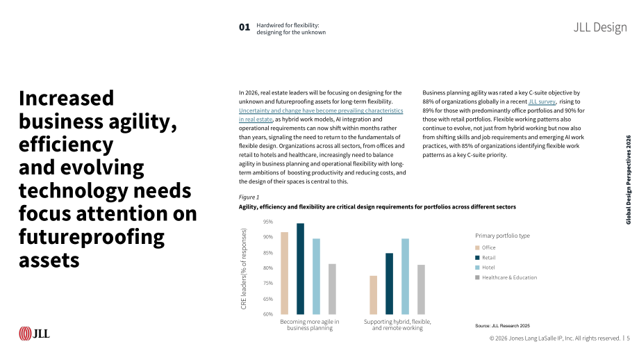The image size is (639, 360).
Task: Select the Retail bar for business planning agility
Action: point(300,269)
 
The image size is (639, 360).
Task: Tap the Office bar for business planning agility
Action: point(285,273)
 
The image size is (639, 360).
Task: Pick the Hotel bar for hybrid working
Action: point(405,277)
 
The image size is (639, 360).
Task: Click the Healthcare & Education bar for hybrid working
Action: point(421,290)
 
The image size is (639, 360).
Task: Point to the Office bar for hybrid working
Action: point(373,295)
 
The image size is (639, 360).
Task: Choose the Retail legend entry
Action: point(486,258)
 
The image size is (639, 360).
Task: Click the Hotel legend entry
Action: point(485,268)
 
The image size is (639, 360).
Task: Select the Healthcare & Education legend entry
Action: point(506,277)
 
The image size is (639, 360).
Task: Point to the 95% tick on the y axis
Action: point(267,222)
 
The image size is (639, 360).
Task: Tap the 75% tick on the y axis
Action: point(267,283)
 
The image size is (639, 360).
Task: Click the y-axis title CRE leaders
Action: point(244,269)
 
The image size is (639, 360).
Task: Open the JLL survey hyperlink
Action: point(542,101)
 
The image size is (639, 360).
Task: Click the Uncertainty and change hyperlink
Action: point(321,115)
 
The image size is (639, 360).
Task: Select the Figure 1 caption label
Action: point(249,197)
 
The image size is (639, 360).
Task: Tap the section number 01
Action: point(244,27)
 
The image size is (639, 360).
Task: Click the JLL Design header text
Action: point(600,27)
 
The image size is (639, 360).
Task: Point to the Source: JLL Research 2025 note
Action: point(502,326)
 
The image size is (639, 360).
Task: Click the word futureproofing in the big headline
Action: point(92,237)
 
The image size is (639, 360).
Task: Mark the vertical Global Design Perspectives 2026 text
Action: point(629,180)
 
